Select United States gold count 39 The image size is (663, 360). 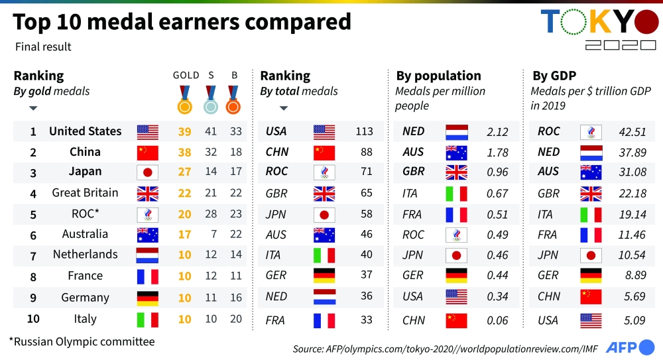184,131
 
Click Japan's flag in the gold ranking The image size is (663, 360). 147,172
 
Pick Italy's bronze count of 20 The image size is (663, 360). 235,319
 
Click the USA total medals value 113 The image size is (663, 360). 364,131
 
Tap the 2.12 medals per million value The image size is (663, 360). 497,131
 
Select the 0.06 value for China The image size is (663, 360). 497,320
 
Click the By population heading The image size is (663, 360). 439,76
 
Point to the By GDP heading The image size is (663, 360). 554,76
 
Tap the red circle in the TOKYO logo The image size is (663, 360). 646,23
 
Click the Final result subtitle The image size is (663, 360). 43,47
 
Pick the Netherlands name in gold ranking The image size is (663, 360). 86,255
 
